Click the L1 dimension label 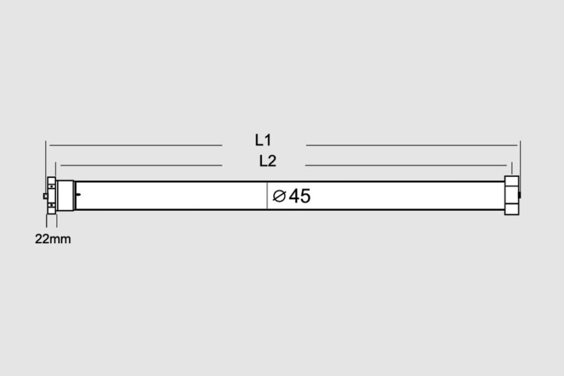263,140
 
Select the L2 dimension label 268,161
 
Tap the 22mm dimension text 53,239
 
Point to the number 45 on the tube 299,196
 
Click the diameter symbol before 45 279,196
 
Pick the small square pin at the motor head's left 45,196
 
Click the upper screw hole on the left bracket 52,186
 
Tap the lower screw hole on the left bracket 52,205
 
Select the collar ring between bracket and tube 65,196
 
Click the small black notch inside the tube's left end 79,195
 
